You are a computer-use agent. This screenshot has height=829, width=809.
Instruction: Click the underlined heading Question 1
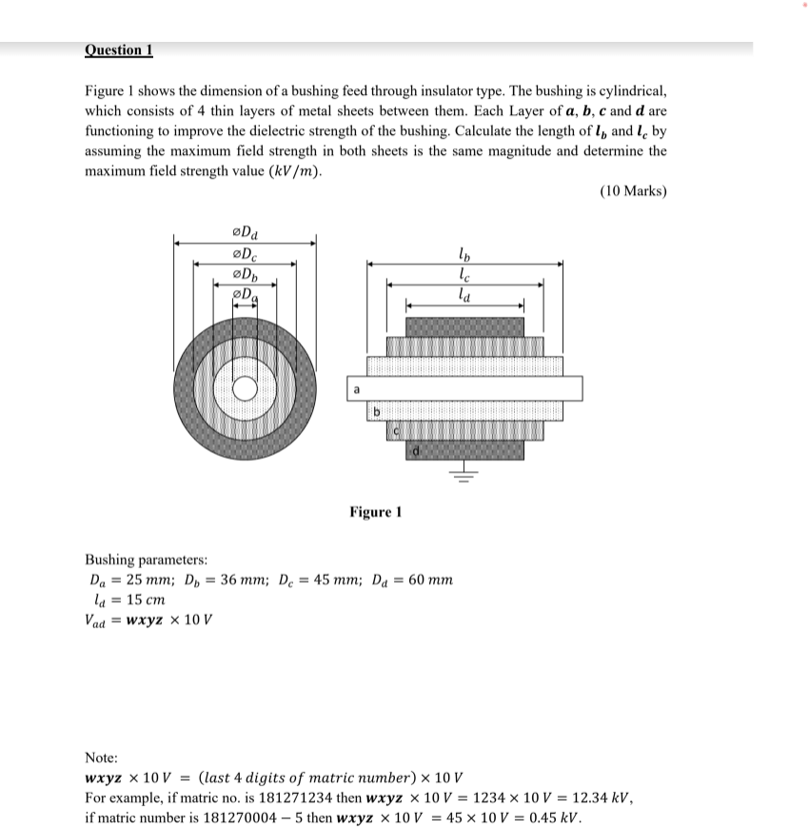(119, 50)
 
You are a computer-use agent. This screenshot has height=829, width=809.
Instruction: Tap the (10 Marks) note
(633, 191)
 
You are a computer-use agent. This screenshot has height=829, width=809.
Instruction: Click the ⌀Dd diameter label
(245, 231)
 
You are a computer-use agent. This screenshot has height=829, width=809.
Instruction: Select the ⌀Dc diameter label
(244, 254)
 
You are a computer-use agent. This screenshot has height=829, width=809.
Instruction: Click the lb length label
(464, 254)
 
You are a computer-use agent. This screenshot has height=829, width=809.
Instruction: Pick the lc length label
(464, 274)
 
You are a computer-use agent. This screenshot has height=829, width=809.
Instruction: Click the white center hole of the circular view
(245, 388)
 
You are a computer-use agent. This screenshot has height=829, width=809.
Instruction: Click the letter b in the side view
(376, 411)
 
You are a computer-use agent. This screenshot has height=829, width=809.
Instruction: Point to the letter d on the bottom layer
(415, 450)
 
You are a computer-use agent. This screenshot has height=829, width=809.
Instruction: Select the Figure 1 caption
(375, 512)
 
